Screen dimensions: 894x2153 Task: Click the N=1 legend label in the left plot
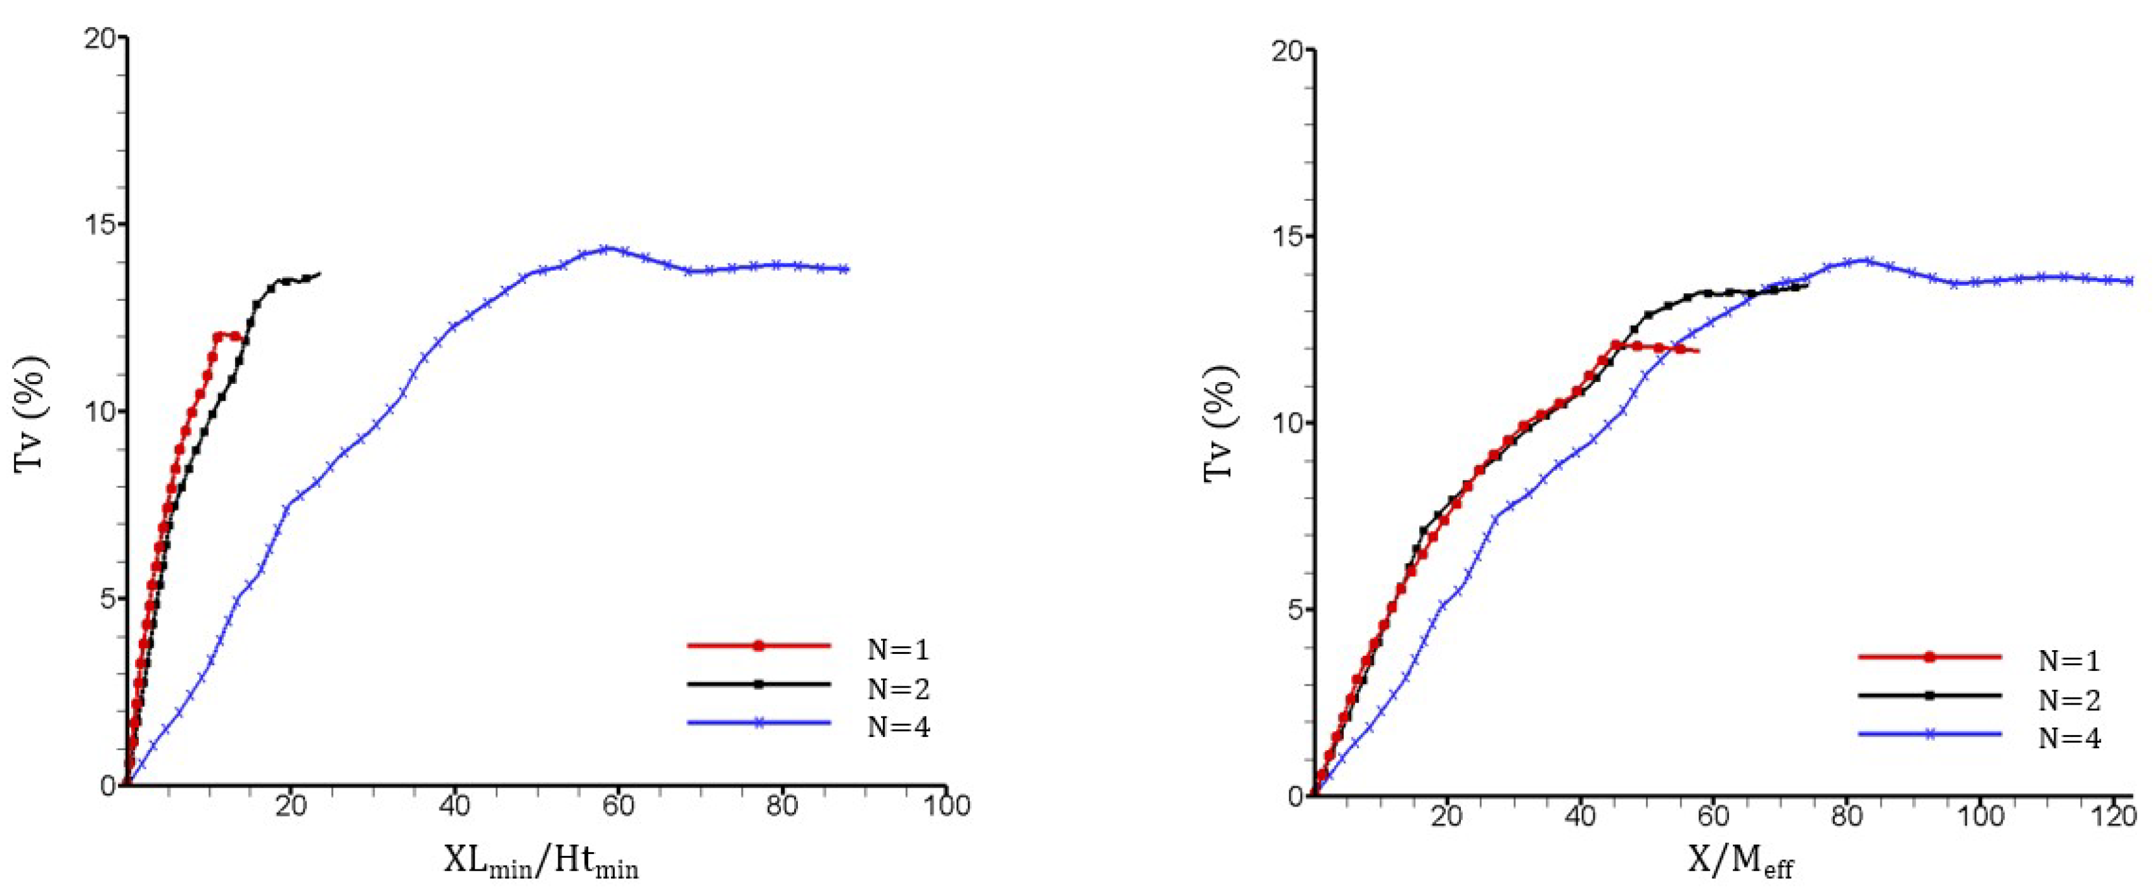pos(897,649)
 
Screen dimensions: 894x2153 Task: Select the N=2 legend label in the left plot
pos(897,689)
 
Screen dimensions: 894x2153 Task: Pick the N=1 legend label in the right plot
pos(2069,661)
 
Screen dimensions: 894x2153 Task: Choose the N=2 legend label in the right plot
pos(2069,700)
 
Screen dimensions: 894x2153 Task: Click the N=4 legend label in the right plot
pos(2069,739)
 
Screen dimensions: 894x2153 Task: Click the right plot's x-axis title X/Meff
pos(1739,862)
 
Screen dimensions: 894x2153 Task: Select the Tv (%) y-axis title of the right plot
pos(1219,424)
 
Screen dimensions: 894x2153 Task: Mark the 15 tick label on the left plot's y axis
pos(101,225)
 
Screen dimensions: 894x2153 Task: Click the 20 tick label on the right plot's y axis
pos(1288,50)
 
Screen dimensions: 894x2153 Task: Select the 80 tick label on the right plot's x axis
pos(1846,816)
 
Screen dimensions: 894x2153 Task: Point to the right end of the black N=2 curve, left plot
pos(320,273)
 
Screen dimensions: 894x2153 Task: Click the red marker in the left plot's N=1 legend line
pos(759,645)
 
